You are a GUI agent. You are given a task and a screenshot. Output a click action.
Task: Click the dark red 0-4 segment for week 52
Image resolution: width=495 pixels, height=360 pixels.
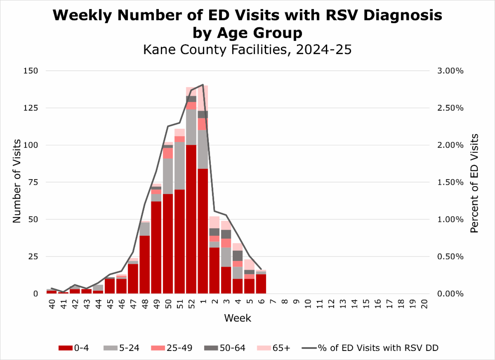[191, 219]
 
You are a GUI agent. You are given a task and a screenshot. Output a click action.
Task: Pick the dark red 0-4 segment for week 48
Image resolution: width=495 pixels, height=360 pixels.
[145, 264]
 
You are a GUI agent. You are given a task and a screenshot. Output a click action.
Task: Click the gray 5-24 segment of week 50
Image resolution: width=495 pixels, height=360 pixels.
[168, 175]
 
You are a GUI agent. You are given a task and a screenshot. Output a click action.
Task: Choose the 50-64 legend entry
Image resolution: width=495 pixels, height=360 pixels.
[225, 348]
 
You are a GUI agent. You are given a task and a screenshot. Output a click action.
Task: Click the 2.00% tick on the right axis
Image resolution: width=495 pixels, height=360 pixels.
[450, 145]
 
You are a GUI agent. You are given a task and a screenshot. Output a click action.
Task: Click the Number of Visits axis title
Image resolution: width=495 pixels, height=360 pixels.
[16, 182]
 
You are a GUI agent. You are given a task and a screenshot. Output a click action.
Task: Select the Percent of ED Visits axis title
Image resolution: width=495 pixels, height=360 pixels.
[475, 182]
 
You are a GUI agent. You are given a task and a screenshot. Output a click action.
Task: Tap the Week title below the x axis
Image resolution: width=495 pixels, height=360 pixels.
[237, 318]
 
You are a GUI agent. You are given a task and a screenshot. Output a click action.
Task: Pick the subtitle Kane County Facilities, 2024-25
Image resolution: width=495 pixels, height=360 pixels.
[247, 50]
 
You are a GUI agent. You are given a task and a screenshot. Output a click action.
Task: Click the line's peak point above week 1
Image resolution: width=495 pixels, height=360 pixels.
[203, 85]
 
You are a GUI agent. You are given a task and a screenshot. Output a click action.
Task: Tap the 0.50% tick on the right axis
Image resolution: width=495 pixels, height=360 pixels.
[450, 257]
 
